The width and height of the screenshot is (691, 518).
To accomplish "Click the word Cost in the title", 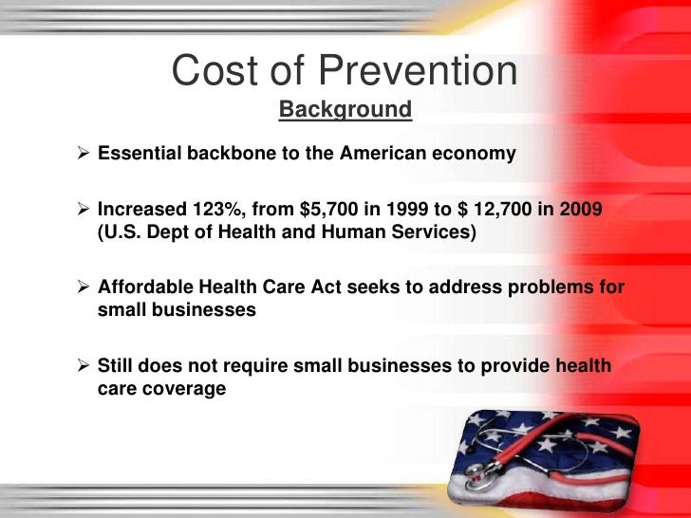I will [x=209, y=72].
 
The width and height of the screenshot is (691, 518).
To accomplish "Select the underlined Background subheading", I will [x=345, y=111].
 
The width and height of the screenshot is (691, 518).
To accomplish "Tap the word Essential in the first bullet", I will [x=137, y=154].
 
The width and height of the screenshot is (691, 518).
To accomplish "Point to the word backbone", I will [x=225, y=154].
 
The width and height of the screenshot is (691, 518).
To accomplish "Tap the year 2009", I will [x=579, y=210].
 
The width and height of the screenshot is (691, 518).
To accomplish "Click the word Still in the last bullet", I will [x=119, y=367].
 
